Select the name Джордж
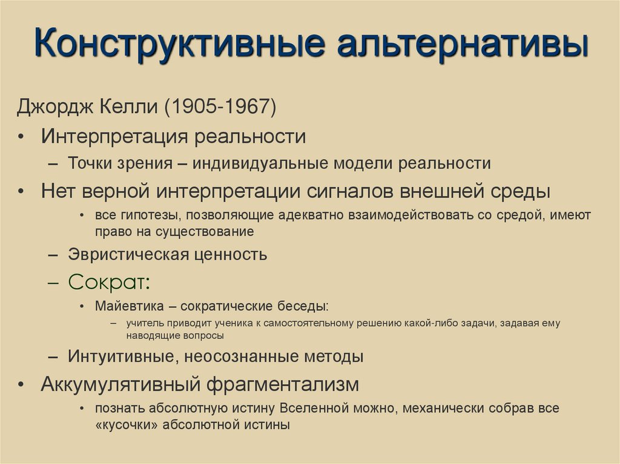point(53,109)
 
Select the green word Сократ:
point(109,283)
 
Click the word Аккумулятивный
point(121,384)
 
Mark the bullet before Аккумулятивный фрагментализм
point(21,384)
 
